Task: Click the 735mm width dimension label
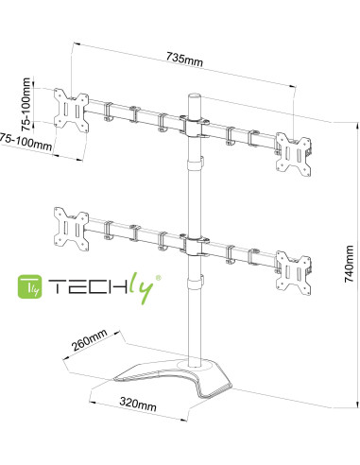coord(184,60)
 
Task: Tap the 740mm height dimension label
coord(349,264)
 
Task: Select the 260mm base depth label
coord(90,339)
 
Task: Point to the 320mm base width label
coord(138,404)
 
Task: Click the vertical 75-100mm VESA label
coord(26,104)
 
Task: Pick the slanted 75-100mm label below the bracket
coord(26,142)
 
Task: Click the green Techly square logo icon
coord(29,286)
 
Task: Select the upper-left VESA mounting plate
coord(71,111)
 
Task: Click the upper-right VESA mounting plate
coord(293,154)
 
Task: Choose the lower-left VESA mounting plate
coord(71,230)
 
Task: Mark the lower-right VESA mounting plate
coord(293,273)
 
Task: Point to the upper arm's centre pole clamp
coord(195,127)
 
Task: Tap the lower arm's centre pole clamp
coord(195,246)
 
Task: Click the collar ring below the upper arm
coord(195,164)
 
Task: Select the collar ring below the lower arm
coord(195,282)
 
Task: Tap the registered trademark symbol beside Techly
coord(159,278)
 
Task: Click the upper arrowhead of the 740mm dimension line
coord(357,127)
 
